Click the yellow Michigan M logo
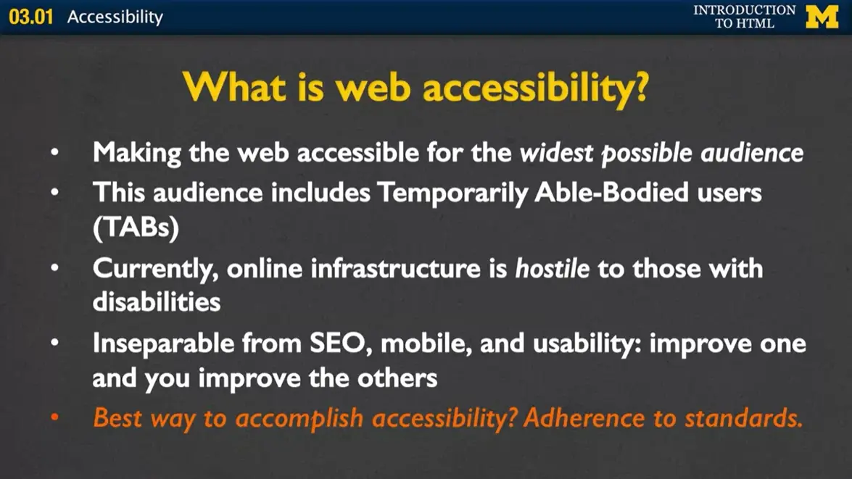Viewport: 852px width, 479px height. pyautogui.click(x=822, y=17)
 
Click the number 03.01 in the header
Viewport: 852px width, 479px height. pyautogui.click(x=31, y=17)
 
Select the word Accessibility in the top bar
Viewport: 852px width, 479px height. pyautogui.click(x=115, y=17)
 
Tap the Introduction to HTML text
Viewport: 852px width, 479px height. pyautogui.click(x=744, y=17)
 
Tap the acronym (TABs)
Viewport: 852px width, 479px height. pyautogui.click(x=136, y=228)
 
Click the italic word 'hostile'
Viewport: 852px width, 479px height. pyautogui.click(x=552, y=269)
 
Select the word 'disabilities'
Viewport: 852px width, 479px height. pyautogui.click(x=157, y=301)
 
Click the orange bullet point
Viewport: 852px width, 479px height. pyautogui.click(x=56, y=418)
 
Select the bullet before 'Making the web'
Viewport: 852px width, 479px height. pyautogui.click(x=56, y=154)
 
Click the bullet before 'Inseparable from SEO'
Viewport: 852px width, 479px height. pyautogui.click(x=56, y=343)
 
